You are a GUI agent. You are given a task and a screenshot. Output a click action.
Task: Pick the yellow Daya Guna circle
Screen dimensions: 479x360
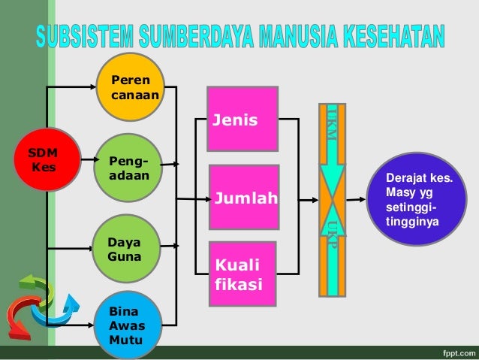130,249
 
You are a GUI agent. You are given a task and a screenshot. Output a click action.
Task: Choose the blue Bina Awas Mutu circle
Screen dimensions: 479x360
130,323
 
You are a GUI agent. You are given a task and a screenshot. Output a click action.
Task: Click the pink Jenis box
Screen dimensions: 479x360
243,119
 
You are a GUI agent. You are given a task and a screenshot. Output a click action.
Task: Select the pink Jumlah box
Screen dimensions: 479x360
244,197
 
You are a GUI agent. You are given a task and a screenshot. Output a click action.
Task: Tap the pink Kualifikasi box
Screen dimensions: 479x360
244,271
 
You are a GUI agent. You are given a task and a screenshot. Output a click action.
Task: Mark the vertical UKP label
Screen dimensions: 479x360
331,234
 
